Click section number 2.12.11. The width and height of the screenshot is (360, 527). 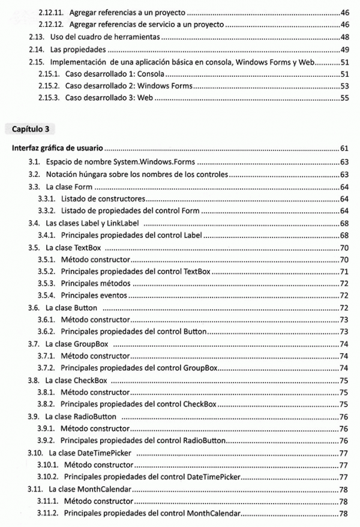[x=51, y=12]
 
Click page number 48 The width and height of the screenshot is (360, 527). [x=344, y=37]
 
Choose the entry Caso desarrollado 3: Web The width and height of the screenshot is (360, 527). [x=106, y=98]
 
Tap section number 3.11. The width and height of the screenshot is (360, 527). [x=35, y=489]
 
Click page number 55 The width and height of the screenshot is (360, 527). [x=344, y=98]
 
